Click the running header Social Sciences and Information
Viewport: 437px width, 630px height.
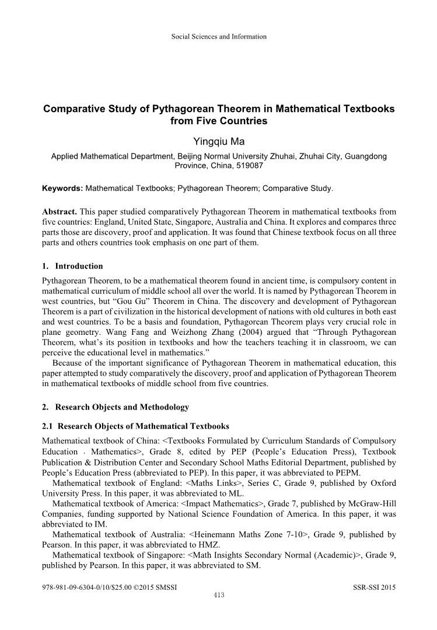219,37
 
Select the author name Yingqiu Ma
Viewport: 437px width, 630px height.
219,142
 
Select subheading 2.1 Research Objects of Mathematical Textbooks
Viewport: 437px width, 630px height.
135,426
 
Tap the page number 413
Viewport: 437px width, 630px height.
219,595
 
